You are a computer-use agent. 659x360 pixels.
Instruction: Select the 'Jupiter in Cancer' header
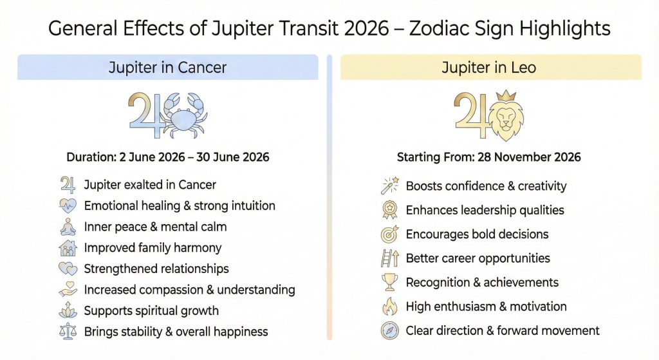(x=168, y=67)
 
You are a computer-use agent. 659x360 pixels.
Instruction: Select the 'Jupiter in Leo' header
(x=489, y=67)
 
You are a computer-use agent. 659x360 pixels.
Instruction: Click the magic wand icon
(x=390, y=186)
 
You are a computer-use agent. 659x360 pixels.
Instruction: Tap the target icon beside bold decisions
(x=390, y=234)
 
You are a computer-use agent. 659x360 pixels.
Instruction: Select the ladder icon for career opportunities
(x=390, y=259)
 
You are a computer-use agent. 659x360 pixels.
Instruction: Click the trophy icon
(x=390, y=283)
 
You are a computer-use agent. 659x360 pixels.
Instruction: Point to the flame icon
(x=390, y=307)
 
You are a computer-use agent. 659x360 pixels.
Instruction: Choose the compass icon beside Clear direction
(x=390, y=331)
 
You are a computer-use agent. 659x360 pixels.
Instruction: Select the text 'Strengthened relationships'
(x=156, y=269)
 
